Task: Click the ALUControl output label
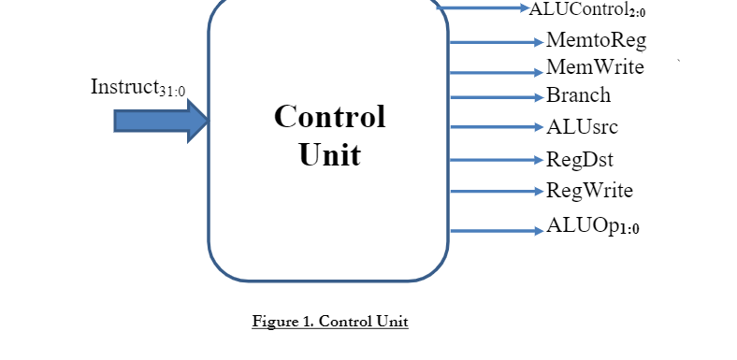(587, 9)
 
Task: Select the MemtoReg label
(596, 41)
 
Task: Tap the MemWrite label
(595, 67)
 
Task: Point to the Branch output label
(578, 95)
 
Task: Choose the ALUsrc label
(582, 126)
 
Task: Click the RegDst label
(579, 158)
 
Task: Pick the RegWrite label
(589, 191)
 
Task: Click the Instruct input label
(137, 88)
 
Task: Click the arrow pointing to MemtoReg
(496, 42)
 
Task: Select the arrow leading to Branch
(496, 96)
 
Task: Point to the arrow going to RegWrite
(496, 192)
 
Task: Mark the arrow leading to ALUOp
(496, 230)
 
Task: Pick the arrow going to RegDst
(496, 159)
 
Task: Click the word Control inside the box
(329, 117)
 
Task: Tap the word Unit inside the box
(329, 154)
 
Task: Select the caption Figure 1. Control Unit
(330, 322)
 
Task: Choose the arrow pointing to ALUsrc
(496, 127)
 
